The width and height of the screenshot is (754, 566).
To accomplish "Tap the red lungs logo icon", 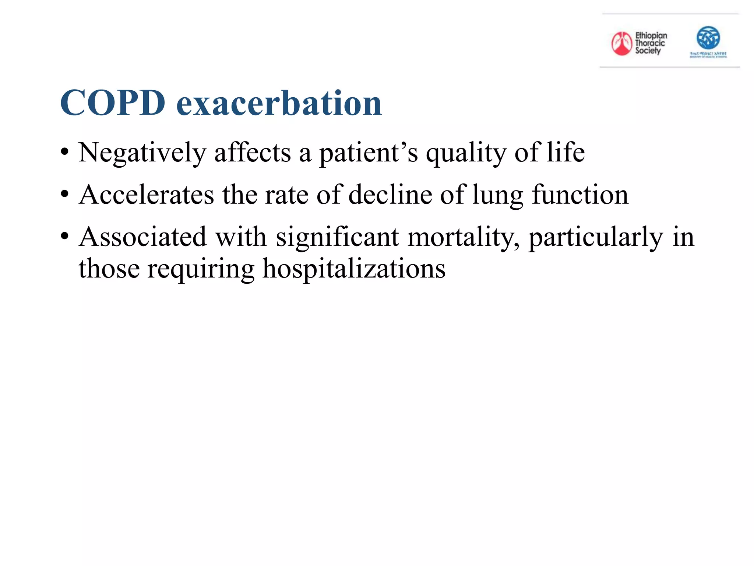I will tap(621, 43).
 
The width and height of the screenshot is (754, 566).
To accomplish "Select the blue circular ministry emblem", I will tap(708, 38).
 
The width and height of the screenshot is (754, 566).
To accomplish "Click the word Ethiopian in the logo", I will tap(651, 36).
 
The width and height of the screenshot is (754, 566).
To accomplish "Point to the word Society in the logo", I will tap(648, 51).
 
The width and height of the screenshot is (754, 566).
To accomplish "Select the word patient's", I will tap(368, 153).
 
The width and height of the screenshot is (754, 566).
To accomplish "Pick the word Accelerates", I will tap(146, 195).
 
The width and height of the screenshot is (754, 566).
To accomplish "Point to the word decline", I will tap(390, 195).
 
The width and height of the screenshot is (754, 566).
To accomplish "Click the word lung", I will tap(497, 195).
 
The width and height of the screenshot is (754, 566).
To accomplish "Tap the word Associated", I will tap(142, 237).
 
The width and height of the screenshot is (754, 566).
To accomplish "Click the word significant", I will tap(337, 237).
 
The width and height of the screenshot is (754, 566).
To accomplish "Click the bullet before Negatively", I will tap(65, 152).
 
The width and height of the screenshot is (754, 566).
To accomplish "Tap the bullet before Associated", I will tap(65, 236).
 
